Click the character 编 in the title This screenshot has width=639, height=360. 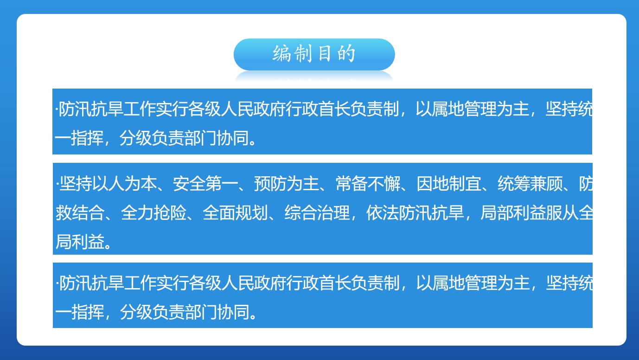281,54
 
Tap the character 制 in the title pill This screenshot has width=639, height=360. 303,54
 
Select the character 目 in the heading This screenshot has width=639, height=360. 325,54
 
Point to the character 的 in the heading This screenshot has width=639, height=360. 346,54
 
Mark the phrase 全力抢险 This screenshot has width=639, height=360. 154,212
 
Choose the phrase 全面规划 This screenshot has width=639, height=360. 235,212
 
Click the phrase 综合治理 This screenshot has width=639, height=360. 317,212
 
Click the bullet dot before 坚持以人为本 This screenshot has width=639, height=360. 58,184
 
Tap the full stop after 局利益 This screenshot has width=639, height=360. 108,246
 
